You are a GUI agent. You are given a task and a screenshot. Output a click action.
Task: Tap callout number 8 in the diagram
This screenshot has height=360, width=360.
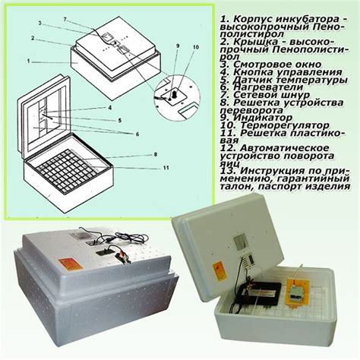click(x=156, y=153)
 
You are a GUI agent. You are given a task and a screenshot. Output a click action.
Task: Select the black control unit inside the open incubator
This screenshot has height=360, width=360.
click(x=258, y=292)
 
